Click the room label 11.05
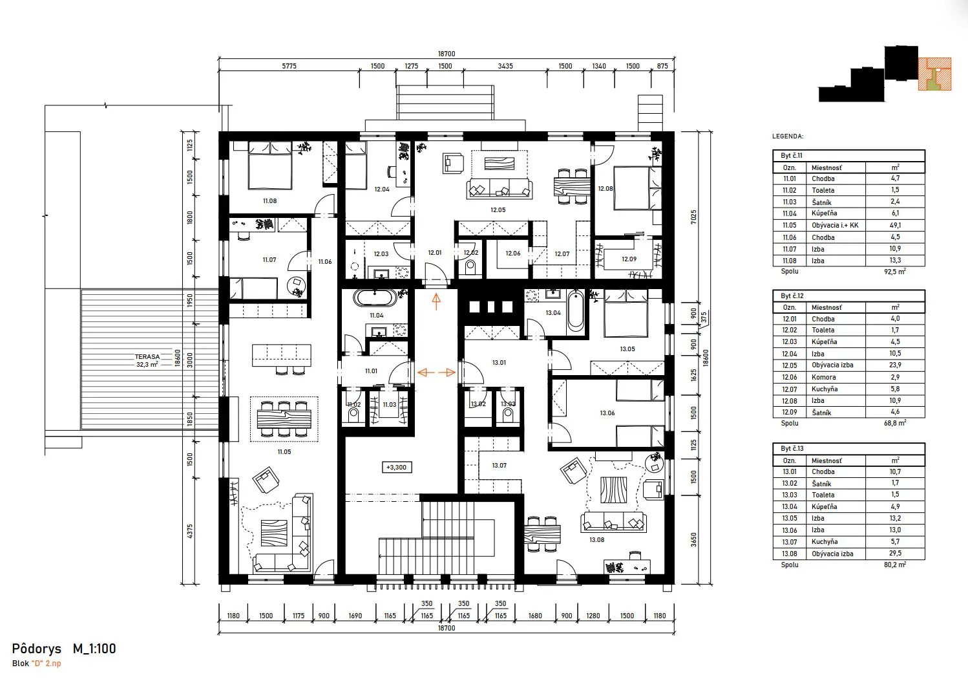284,452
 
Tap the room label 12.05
498,210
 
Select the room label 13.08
596,540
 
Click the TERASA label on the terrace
147,357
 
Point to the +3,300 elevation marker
396,467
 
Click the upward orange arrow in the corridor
436,301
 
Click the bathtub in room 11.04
375,298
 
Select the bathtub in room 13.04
575,312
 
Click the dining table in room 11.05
284,419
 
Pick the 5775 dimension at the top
289,66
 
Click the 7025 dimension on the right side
693,217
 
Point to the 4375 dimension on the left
190,531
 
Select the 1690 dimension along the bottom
355,616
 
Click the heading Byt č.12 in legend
792,296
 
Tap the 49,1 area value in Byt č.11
895,225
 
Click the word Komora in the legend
823,377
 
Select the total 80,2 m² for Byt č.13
894,565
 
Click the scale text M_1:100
94,649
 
